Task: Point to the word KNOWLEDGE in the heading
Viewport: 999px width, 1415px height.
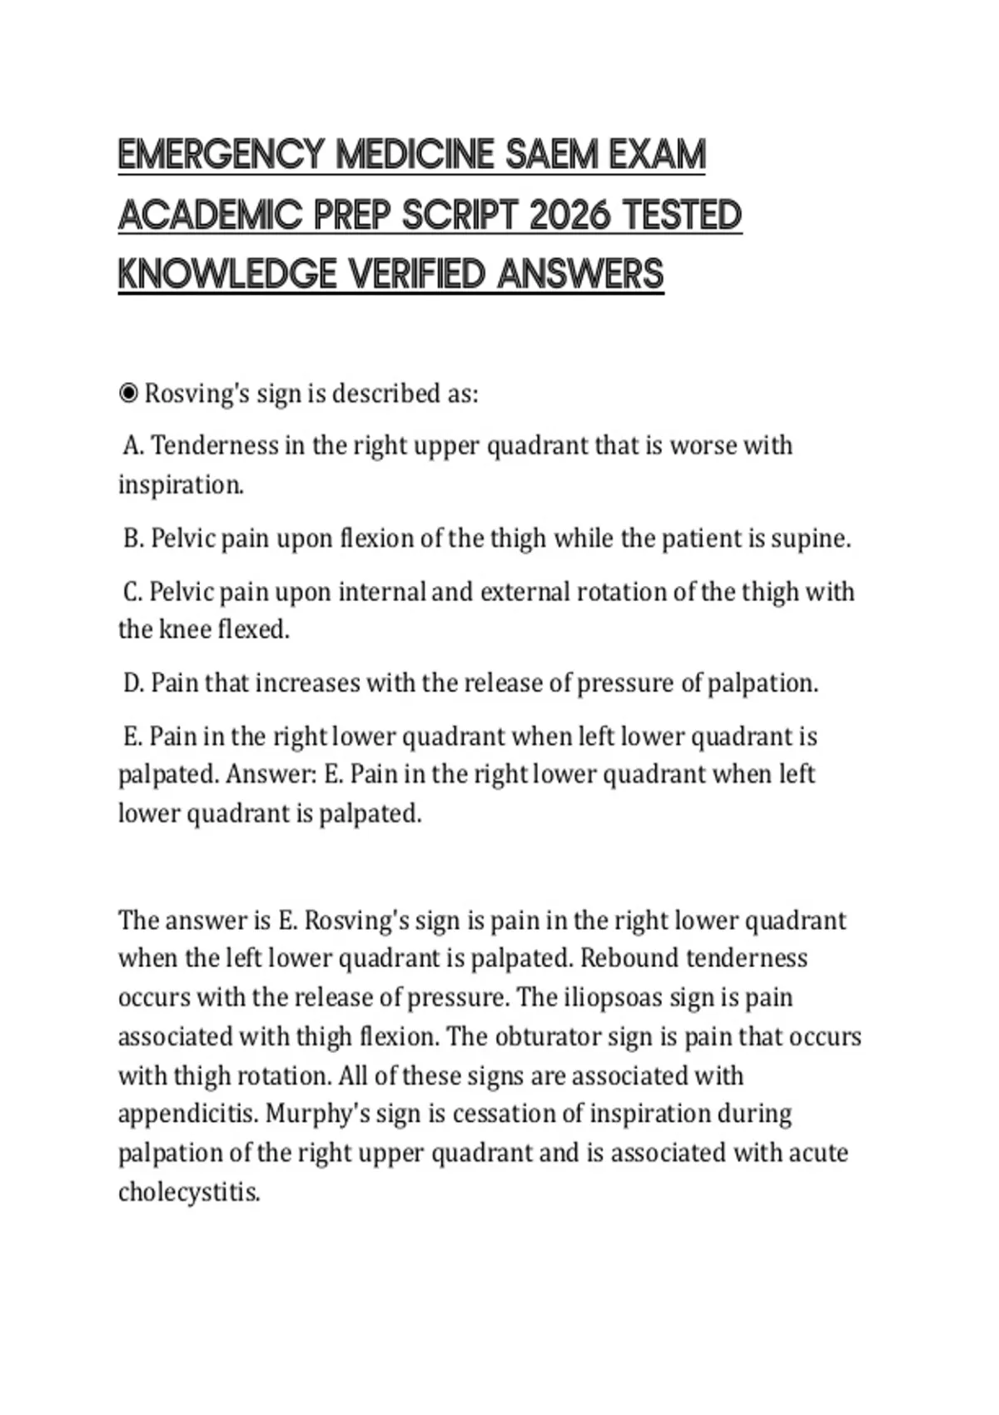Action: click(x=226, y=275)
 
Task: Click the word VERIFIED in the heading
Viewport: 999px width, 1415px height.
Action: click(x=416, y=275)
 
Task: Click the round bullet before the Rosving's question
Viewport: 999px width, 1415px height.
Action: click(x=128, y=393)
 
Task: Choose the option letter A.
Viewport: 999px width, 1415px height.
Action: click(x=133, y=446)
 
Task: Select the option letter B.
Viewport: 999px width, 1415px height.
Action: click(x=133, y=539)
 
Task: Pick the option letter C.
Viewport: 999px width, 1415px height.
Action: click(x=133, y=593)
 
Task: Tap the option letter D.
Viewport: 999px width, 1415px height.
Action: click(x=133, y=683)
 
